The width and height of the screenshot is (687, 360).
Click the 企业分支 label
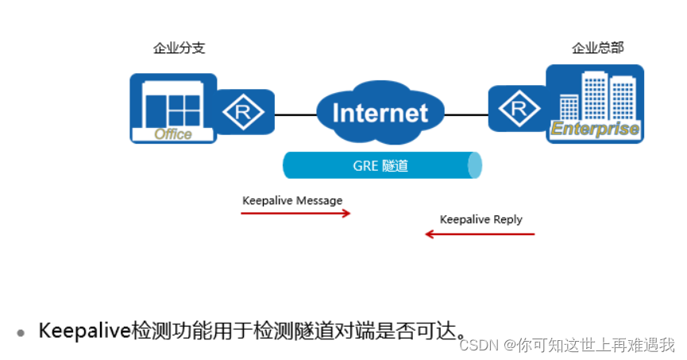click(179, 48)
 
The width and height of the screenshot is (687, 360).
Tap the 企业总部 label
click(597, 48)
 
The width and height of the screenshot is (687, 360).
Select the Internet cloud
click(380, 112)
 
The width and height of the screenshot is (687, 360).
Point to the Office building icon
click(173, 107)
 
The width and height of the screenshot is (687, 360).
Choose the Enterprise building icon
click(595, 103)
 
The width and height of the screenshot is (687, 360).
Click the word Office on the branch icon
click(173, 134)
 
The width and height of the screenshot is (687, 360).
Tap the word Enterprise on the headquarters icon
click(595, 130)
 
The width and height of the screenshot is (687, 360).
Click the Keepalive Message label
click(292, 200)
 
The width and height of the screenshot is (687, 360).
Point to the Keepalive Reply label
click(481, 219)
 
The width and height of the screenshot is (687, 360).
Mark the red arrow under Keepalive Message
click(295, 213)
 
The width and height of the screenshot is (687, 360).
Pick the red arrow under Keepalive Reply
click(480, 234)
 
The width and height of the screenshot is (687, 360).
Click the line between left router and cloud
click(295, 114)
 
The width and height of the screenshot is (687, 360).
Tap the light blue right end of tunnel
click(475, 165)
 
